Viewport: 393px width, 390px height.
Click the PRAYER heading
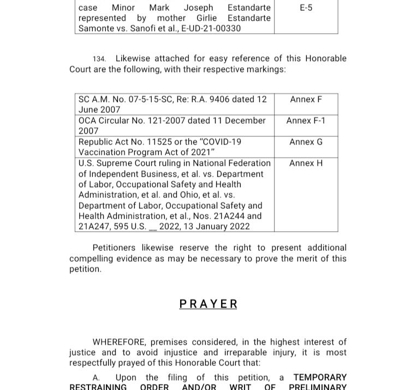click(208, 304)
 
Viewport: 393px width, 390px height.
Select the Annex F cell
click(306, 99)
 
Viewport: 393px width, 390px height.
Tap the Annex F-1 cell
click(306, 121)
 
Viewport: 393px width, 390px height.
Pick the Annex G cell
click(306, 142)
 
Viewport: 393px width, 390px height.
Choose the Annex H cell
click(306, 163)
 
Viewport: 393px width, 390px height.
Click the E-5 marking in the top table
click(306, 8)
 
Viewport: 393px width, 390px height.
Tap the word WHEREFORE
click(119, 342)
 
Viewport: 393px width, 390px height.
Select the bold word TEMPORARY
click(320, 377)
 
